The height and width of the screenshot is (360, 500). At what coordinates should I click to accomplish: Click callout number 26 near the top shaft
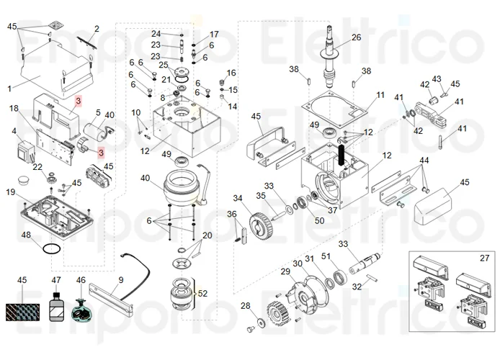[356, 37]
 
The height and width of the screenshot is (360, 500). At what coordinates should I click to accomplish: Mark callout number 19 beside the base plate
[11, 192]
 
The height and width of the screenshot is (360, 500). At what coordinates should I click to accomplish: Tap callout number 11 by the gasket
[380, 96]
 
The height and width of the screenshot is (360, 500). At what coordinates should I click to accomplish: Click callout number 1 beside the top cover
[10, 89]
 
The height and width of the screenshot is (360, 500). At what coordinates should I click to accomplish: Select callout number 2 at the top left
[97, 29]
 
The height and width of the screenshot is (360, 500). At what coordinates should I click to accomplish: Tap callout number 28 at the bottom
[244, 306]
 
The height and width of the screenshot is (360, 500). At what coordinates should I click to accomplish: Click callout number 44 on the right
[424, 159]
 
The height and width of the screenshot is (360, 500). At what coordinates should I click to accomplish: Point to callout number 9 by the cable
[120, 279]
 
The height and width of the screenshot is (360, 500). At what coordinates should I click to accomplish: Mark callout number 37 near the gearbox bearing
[332, 210]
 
